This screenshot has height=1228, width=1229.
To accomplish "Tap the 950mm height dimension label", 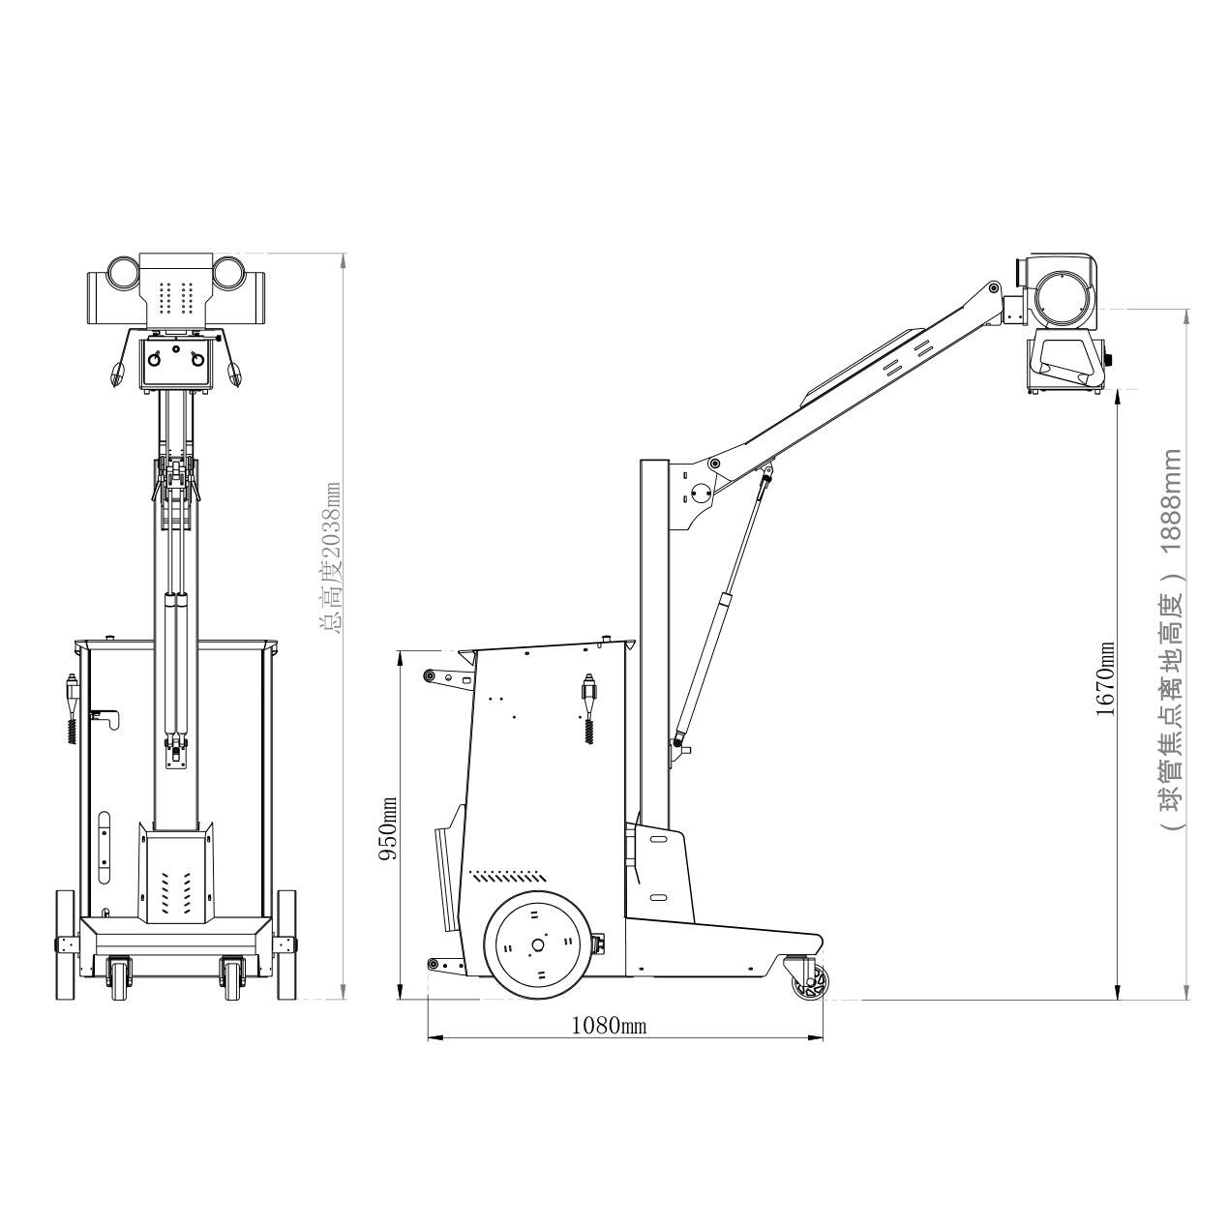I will pyautogui.click(x=388, y=829).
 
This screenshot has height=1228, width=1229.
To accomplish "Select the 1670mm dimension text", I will pyautogui.click(x=1105, y=678).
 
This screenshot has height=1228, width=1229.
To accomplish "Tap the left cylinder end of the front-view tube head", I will pyautogui.click(x=123, y=272).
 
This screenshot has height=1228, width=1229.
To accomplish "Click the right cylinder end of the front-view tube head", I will pyautogui.click(x=229, y=272).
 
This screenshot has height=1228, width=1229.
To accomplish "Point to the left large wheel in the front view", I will pyautogui.click(x=65, y=944).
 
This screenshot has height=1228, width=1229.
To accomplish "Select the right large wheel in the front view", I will pyautogui.click(x=286, y=944).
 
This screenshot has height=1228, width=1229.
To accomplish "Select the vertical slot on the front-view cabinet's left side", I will pyautogui.click(x=105, y=847).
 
